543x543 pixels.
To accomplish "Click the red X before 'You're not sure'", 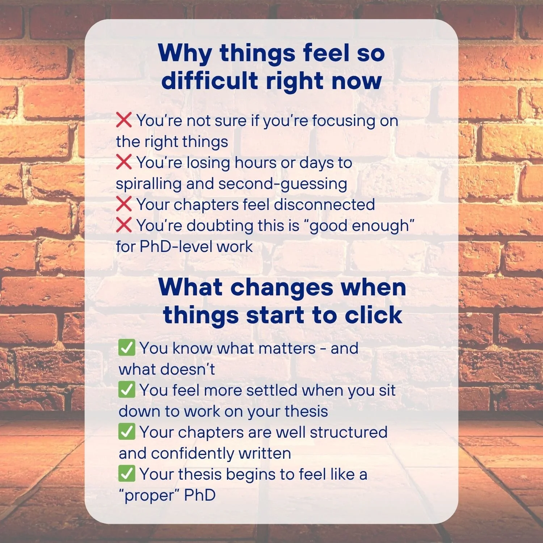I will [124, 120].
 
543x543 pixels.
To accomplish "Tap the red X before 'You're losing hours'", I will [124, 162].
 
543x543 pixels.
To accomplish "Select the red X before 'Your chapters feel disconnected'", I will [124, 204].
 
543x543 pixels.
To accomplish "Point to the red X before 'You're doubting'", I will [124, 225].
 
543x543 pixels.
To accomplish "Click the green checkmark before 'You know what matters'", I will [127, 348].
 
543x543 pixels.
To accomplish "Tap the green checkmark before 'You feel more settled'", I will [127, 390].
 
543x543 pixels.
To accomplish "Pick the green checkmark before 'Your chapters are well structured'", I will [127, 432].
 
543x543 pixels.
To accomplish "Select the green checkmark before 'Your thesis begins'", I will [127, 473].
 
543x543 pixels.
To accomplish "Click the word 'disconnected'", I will [324, 205].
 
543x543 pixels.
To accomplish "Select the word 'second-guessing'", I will [283, 184].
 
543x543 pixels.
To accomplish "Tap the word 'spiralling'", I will [148, 184].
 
